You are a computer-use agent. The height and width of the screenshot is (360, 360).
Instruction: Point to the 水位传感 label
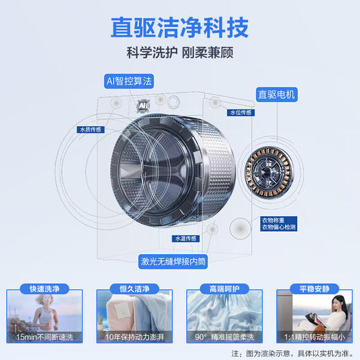click(x=240, y=112)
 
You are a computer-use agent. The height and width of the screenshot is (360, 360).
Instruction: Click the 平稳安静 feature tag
click(x=314, y=289)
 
